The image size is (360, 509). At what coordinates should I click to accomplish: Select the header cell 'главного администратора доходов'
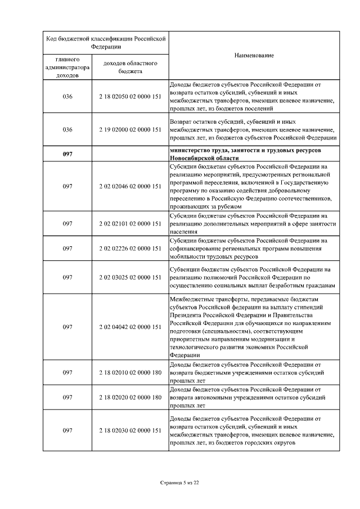click(67, 67)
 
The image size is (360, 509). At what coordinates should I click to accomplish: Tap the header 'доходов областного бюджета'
click(130, 67)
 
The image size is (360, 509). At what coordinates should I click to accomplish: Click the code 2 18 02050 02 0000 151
click(130, 97)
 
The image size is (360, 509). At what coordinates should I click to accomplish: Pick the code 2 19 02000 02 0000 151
click(130, 129)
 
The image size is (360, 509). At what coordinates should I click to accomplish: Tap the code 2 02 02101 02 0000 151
click(130, 223)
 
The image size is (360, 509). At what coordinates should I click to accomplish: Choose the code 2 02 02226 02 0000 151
click(130, 248)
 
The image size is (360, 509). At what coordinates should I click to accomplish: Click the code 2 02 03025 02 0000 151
click(130, 277)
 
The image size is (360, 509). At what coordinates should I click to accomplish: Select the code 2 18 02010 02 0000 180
click(130, 372)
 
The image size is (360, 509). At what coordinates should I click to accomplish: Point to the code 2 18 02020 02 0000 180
click(130, 397)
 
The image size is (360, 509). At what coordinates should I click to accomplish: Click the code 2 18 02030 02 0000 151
click(130, 430)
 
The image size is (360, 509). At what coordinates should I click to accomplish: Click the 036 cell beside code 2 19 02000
click(67, 129)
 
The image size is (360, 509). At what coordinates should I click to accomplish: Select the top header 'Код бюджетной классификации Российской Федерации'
click(106, 43)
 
